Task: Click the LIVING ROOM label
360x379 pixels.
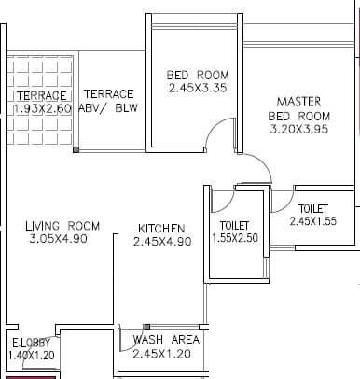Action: click(62, 226)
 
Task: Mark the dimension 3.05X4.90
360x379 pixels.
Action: click(62, 240)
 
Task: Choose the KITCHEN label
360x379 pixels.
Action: click(161, 228)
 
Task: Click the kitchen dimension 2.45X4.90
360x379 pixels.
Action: click(161, 241)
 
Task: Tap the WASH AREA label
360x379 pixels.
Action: click(165, 340)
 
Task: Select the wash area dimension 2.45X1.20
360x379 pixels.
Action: click(165, 354)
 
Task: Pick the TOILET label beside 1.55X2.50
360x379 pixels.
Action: click(234, 225)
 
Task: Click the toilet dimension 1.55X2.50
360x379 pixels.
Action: click(234, 238)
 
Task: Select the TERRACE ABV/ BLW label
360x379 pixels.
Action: click(108, 100)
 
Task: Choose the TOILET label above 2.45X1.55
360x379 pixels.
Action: click(312, 207)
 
